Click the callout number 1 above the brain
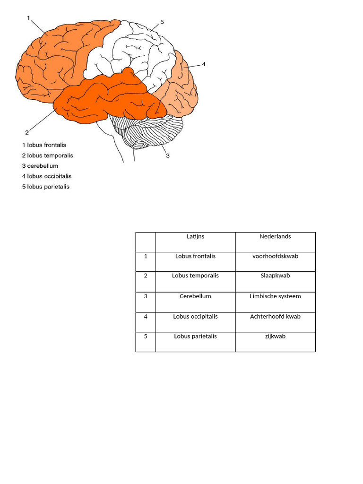[29, 18]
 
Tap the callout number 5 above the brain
[162, 22]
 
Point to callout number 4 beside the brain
[204, 64]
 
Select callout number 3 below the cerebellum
[167, 154]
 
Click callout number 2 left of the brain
[27, 132]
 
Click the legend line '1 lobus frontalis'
[44, 145]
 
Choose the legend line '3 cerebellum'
[40, 166]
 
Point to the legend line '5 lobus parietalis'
[46, 187]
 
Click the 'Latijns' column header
[195, 236]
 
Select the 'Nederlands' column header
[275, 236]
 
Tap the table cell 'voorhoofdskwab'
[275, 256]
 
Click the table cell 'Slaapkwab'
[275, 276]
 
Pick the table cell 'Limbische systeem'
[275, 296]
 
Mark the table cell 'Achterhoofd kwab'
[275, 317]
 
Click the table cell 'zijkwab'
[275, 337]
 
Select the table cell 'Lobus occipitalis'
[195, 317]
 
